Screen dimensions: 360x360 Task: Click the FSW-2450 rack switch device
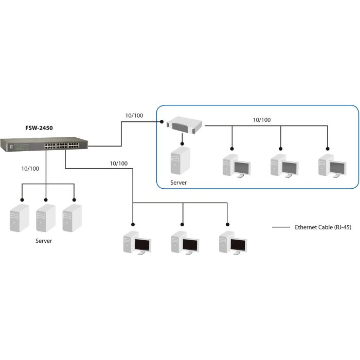click(x=44, y=146)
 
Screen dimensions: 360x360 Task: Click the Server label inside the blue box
click(x=179, y=183)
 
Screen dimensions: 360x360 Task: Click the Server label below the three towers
click(x=44, y=241)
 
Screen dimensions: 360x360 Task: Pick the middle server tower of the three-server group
click(x=45, y=218)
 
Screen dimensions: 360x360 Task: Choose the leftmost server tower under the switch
click(x=20, y=218)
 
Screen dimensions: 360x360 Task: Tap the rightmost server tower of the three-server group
click(x=71, y=218)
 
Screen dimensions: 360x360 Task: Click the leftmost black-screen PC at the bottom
click(x=137, y=244)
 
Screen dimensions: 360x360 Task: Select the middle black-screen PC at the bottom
click(x=185, y=244)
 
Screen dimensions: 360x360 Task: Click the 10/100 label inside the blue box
click(x=262, y=120)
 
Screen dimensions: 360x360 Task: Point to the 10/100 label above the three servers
click(x=30, y=169)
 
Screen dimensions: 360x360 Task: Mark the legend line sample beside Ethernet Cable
click(x=281, y=227)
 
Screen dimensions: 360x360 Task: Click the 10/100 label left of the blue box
click(x=134, y=115)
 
